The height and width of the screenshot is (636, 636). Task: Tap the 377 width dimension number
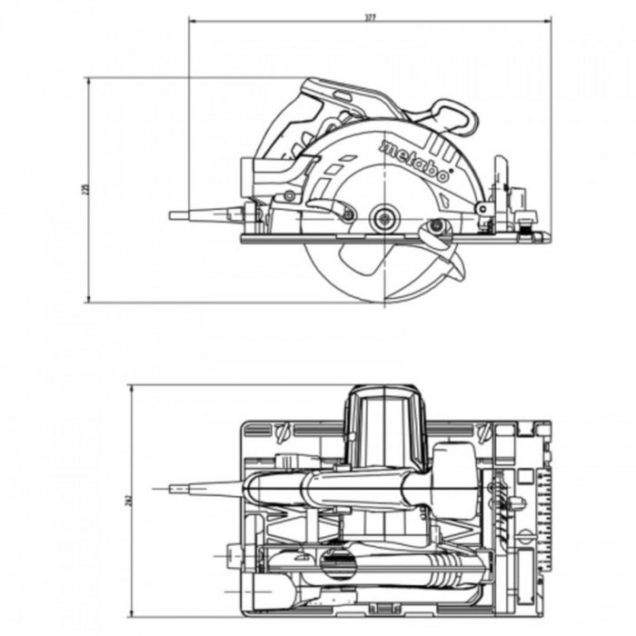click(371, 15)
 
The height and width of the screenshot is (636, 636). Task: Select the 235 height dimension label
click(83, 190)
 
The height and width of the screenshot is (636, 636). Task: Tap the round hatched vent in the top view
click(336, 563)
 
